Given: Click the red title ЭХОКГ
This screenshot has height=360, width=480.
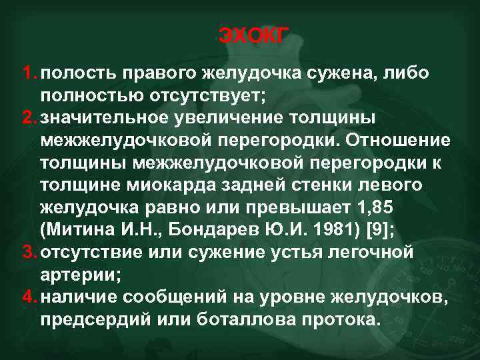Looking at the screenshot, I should click(252, 35).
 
